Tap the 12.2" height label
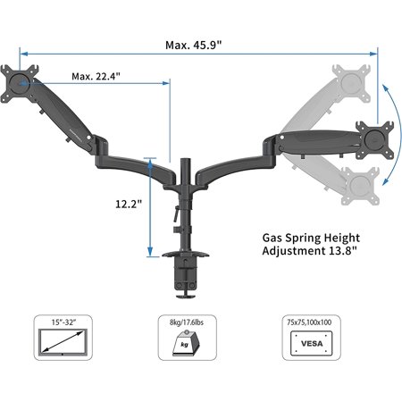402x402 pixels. pyautogui.click(x=130, y=204)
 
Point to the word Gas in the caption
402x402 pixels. pyautogui.click(x=275, y=239)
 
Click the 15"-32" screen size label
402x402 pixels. pyautogui.click(x=64, y=319)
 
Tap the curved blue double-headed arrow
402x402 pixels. pyautogui.click(x=390, y=134)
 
